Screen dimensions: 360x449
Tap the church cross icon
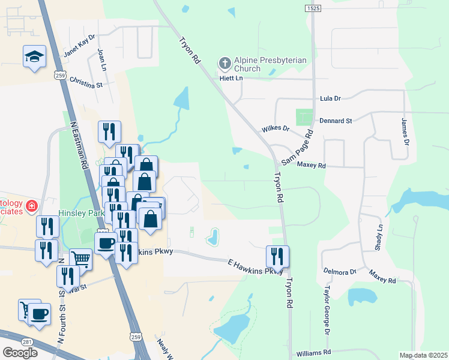[x=224, y=62]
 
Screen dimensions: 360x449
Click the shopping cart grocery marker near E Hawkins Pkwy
[x=80, y=260]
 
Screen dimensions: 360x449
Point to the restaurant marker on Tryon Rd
[x=277, y=256]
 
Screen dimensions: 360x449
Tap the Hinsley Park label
[x=82, y=212]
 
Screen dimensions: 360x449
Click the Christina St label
[x=86, y=83]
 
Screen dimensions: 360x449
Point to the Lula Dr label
[x=331, y=98]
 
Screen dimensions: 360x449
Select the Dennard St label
[x=336, y=121]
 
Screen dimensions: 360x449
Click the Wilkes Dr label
[x=276, y=129]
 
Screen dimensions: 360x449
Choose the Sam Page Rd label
[x=297, y=148]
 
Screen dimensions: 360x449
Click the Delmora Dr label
[x=340, y=272]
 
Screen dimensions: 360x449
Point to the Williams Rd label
[x=310, y=352]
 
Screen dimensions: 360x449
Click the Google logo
[x=20, y=353]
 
